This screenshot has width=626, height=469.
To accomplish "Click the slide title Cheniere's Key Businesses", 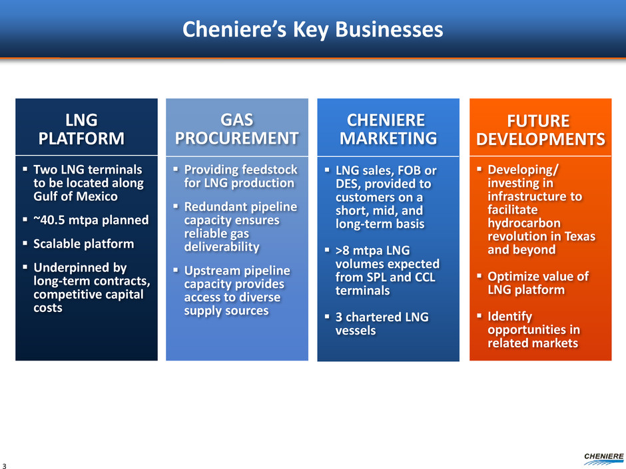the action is pyautogui.click(x=312, y=30).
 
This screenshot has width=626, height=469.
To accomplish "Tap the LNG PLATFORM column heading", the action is pyautogui.click(x=81, y=129).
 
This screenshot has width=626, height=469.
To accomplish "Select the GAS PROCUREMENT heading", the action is pyautogui.click(x=236, y=129).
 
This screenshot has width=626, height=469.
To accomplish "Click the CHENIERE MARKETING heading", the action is pyautogui.click(x=388, y=129).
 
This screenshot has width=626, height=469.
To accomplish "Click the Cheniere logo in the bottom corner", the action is pyautogui.click(x=603, y=458).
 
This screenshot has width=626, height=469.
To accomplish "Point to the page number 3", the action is pyautogui.click(x=5, y=466).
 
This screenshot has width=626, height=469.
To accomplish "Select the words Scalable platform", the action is pyautogui.click(x=83, y=243).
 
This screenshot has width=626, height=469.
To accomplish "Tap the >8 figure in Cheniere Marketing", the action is pyautogui.click(x=342, y=250).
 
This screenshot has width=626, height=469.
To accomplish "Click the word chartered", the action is pyautogui.click(x=374, y=317).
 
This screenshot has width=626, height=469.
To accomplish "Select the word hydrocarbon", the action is pyautogui.click(x=524, y=223).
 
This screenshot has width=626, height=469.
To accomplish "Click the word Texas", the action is pyautogui.click(x=579, y=236).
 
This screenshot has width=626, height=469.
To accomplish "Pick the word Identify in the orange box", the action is pyautogui.click(x=510, y=317).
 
